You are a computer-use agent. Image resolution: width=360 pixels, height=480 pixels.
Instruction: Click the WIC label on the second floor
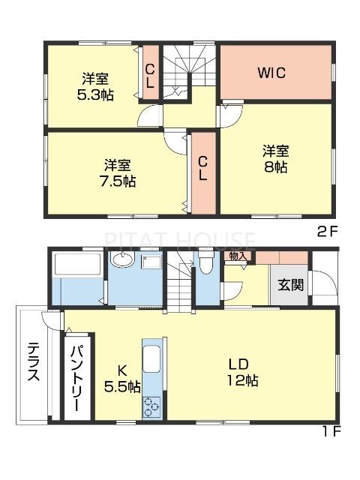click(273, 73)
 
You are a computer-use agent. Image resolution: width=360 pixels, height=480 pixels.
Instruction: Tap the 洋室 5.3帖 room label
click(94, 87)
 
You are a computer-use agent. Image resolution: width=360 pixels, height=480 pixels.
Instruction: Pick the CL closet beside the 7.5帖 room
click(202, 168)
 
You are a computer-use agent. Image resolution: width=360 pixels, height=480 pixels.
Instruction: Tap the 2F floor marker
click(327, 232)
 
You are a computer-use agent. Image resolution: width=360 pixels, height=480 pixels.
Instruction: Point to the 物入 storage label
click(238, 256)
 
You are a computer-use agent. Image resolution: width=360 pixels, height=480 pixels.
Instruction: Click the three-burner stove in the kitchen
click(152, 406)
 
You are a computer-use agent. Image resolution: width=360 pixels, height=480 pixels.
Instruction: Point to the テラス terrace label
click(34, 363)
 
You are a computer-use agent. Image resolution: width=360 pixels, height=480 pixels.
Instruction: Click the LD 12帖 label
click(243, 372)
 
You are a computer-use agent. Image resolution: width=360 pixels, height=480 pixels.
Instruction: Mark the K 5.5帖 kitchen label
click(121, 378)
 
